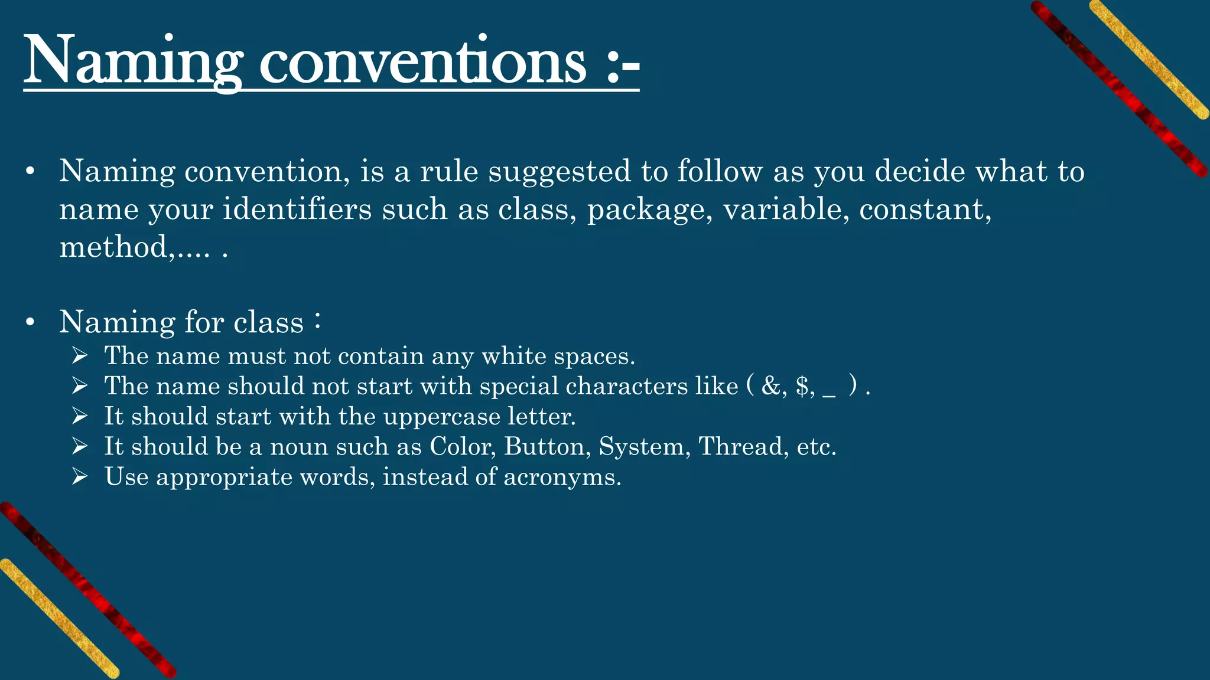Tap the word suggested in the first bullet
tap(560, 172)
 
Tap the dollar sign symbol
tap(802, 387)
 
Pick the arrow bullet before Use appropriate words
tap(80, 476)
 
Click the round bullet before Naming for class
tap(31, 323)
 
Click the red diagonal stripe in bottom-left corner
tap(89, 590)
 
